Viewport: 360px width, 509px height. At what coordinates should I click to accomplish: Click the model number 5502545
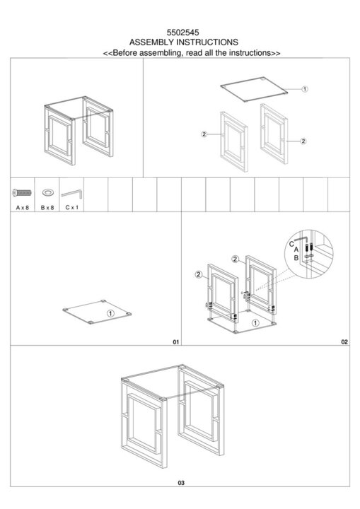[x=183, y=33]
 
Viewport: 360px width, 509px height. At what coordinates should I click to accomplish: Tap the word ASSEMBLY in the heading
[x=152, y=42]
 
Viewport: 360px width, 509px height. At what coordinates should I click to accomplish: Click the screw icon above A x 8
[x=22, y=193]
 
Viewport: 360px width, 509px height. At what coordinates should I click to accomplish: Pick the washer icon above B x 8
[x=48, y=192]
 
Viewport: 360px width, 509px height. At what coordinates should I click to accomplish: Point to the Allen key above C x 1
[x=72, y=194]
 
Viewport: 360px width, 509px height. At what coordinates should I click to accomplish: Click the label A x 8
[x=23, y=207]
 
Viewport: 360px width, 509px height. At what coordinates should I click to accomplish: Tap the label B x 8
[x=47, y=207]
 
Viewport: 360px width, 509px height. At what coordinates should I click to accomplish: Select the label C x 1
[x=72, y=207]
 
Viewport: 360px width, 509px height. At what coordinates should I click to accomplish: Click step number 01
[x=176, y=342]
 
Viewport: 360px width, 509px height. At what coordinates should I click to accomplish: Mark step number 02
[x=344, y=342]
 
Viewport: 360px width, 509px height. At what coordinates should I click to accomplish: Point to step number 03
[x=181, y=483]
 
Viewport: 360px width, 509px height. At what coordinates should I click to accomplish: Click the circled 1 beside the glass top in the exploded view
[x=304, y=89]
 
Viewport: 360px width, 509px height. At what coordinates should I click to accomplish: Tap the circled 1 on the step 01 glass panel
[x=111, y=313]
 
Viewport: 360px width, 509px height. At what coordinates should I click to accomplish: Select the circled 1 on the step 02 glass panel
[x=256, y=323]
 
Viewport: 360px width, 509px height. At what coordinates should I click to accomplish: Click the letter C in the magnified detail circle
[x=291, y=244]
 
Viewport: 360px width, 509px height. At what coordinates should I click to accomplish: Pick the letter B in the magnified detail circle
[x=296, y=258]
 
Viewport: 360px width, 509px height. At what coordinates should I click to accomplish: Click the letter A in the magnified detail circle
[x=296, y=250]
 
